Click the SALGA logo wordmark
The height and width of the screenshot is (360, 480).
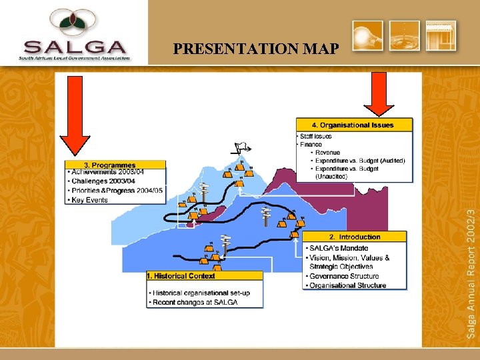click(74, 47)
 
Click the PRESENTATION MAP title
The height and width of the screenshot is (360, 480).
click(255, 49)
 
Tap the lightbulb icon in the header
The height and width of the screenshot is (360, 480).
click(367, 35)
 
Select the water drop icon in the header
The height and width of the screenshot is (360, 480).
click(405, 35)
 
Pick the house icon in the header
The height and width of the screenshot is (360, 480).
click(441, 35)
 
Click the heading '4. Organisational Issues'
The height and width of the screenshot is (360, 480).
click(353, 125)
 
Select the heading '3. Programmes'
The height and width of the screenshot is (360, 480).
click(110, 165)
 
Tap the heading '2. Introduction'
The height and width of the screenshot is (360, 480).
click(355, 237)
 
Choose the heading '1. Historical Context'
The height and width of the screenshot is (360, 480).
click(181, 276)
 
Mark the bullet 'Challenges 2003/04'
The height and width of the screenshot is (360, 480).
click(103, 181)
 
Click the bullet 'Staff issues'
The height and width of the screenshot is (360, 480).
click(316, 136)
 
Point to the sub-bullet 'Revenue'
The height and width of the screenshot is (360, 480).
click(327, 153)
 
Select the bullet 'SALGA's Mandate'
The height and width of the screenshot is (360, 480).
click(339, 249)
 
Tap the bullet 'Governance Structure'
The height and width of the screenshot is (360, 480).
click(344, 276)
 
